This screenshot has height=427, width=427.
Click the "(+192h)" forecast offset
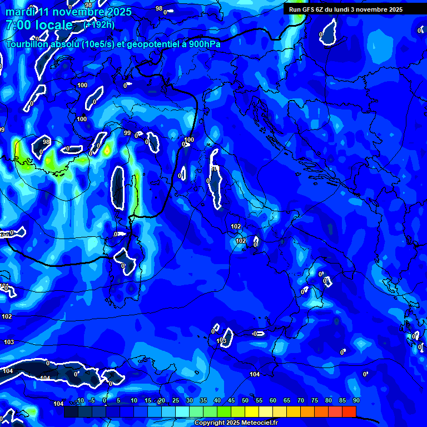98,24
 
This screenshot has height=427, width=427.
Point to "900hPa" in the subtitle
202,44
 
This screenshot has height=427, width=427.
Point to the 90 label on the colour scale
356,400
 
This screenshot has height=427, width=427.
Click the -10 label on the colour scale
80,400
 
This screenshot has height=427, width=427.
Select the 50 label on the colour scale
245,400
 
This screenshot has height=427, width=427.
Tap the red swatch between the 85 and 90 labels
349,411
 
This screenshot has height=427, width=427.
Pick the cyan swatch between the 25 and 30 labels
182,411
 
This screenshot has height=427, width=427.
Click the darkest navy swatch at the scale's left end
71,411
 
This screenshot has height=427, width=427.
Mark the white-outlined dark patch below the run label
329,32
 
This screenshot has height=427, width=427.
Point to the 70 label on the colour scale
301,400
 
